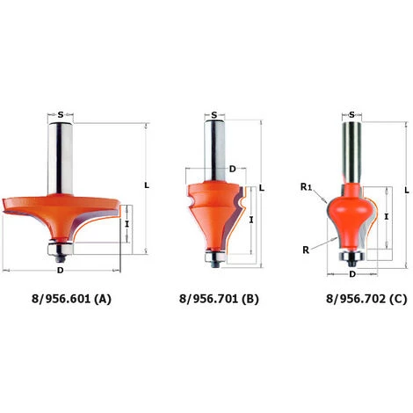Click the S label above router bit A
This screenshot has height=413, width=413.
pos(61,115)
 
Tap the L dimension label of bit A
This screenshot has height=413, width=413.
pos(147,185)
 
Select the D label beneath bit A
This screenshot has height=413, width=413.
pos(60,271)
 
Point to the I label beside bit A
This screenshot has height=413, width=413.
pos(127,224)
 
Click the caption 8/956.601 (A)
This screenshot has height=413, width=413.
pos(71,299)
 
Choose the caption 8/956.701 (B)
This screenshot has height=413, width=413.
pos(219,299)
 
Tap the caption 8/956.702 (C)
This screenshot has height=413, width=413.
pos(366,299)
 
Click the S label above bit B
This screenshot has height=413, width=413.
pos(214,115)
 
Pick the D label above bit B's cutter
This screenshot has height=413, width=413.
pos(232,169)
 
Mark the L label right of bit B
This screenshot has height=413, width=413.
pos(262,188)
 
